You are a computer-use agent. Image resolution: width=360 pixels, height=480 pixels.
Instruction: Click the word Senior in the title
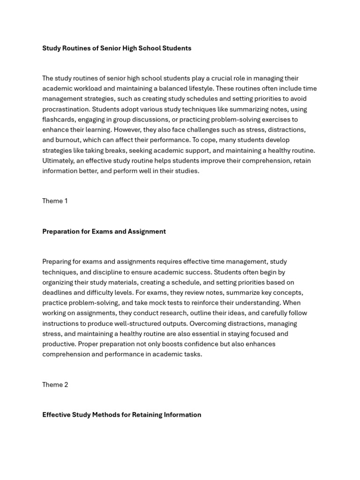pos(110,48)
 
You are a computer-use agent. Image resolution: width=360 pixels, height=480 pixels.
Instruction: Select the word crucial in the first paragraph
pos(222,78)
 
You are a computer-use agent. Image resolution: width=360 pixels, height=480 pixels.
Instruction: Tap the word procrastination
pos(65,109)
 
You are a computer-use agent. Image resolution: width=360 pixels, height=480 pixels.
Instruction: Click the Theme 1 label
pos(55,201)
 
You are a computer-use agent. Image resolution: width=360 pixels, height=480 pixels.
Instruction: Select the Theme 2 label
pos(55,385)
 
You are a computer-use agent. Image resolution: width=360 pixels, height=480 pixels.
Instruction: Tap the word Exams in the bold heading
pos(102,232)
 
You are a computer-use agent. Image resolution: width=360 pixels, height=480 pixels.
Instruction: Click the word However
pos(126,130)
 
